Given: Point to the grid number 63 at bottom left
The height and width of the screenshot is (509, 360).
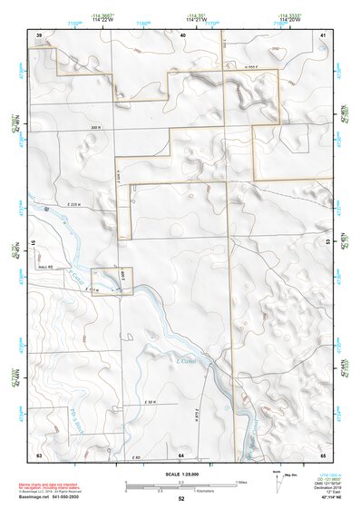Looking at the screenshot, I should tap(39, 454).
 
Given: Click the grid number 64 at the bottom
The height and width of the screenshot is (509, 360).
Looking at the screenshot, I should tap(181, 454).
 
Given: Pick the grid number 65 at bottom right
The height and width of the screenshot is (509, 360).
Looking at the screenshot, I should tap(323, 454).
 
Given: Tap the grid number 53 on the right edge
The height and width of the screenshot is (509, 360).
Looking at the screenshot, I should tap(326, 242).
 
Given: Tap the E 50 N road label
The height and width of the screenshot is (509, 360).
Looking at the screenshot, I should tap(150, 401).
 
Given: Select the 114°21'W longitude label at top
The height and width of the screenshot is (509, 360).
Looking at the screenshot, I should tap(195, 21).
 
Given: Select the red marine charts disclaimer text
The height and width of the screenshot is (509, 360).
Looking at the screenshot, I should tap(47, 488).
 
